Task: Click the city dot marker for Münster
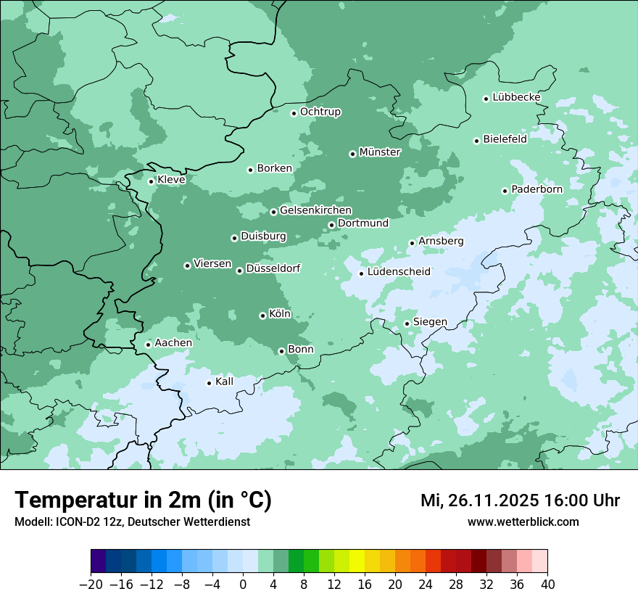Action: [x=352, y=154]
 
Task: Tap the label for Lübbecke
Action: [x=516, y=97]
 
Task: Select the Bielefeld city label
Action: [x=505, y=139]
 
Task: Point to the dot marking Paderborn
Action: [x=505, y=191]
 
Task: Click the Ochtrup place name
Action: [x=320, y=112]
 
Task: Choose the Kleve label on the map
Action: [x=171, y=180]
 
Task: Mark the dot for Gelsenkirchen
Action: [x=273, y=212]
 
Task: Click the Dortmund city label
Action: [x=362, y=223]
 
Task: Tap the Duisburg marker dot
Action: [x=234, y=238]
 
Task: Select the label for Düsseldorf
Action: [x=273, y=268]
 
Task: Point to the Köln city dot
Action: [x=262, y=316]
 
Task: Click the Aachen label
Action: [x=173, y=343]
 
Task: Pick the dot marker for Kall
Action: [x=209, y=383]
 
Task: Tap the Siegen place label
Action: [x=430, y=322]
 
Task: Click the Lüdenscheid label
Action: [x=399, y=272]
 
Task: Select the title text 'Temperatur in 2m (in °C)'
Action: [x=143, y=500]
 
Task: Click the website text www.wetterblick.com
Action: [x=523, y=522]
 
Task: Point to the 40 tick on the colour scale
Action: [x=547, y=585]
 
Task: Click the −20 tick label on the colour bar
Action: [x=91, y=585]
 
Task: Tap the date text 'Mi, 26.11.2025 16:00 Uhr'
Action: [x=520, y=500]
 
